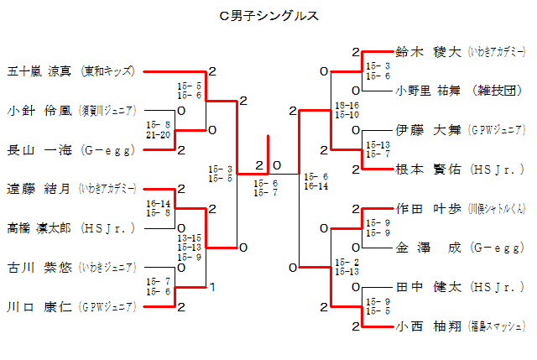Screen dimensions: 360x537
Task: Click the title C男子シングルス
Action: coord(268,14)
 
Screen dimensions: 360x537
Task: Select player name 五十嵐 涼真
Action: coord(40,71)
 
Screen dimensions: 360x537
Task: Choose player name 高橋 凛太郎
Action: coord(40,227)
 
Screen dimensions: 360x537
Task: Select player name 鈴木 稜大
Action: coord(428,52)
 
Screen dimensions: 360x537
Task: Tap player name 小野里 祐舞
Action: coord(428,91)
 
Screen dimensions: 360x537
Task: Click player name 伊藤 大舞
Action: coord(428,130)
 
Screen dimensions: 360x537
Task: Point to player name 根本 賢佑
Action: coord(428,170)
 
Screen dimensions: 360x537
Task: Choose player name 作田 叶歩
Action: coord(428,209)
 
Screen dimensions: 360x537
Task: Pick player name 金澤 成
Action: coord(428,248)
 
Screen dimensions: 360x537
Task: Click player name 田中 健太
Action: coord(428,288)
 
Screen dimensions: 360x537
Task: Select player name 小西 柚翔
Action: coord(428,326)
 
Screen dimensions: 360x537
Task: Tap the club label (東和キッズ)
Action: coord(108,71)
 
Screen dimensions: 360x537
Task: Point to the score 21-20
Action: coord(158,134)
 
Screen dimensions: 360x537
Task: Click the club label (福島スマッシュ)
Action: coord(497,326)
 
